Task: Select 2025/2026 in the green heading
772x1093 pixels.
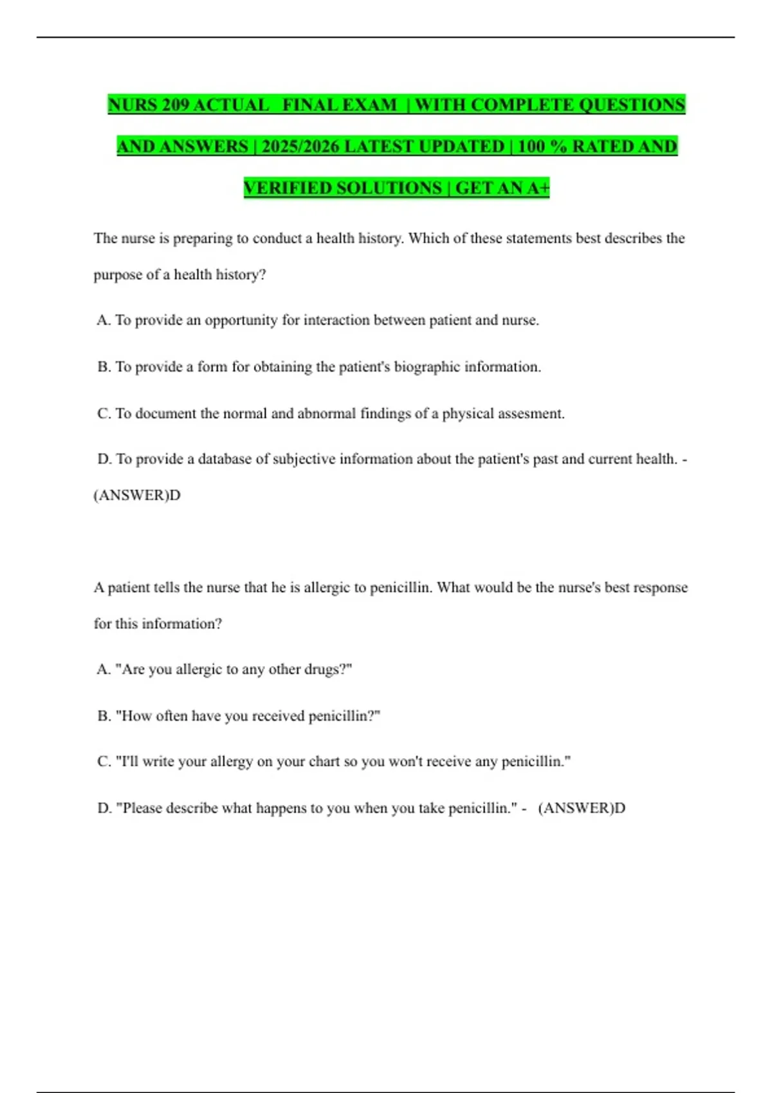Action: click(300, 147)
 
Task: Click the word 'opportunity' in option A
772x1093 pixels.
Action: click(241, 320)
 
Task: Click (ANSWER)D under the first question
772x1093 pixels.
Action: click(137, 495)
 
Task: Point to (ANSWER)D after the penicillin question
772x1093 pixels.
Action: click(582, 808)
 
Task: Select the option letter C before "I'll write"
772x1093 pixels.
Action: click(104, 761)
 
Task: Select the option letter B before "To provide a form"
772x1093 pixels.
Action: click(104, 366)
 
